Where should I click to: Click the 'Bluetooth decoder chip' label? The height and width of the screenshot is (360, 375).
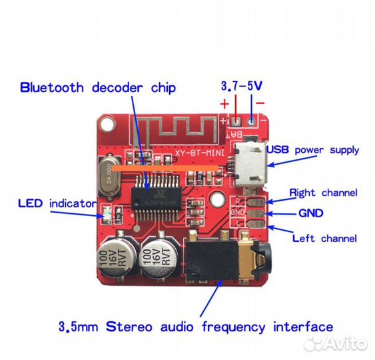[x=97, y=87]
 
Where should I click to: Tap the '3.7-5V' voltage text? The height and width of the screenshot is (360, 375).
[x=241, y=86]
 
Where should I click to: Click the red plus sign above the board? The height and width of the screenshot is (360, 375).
[x=224, y=104]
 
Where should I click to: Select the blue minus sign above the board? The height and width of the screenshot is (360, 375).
[x=260, y=104]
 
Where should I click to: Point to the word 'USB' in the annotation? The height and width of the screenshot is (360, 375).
[x=278, y=150]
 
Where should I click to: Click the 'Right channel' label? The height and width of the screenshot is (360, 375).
[x=323, y=193]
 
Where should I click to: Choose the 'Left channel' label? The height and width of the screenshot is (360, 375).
[x=324, y=238]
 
